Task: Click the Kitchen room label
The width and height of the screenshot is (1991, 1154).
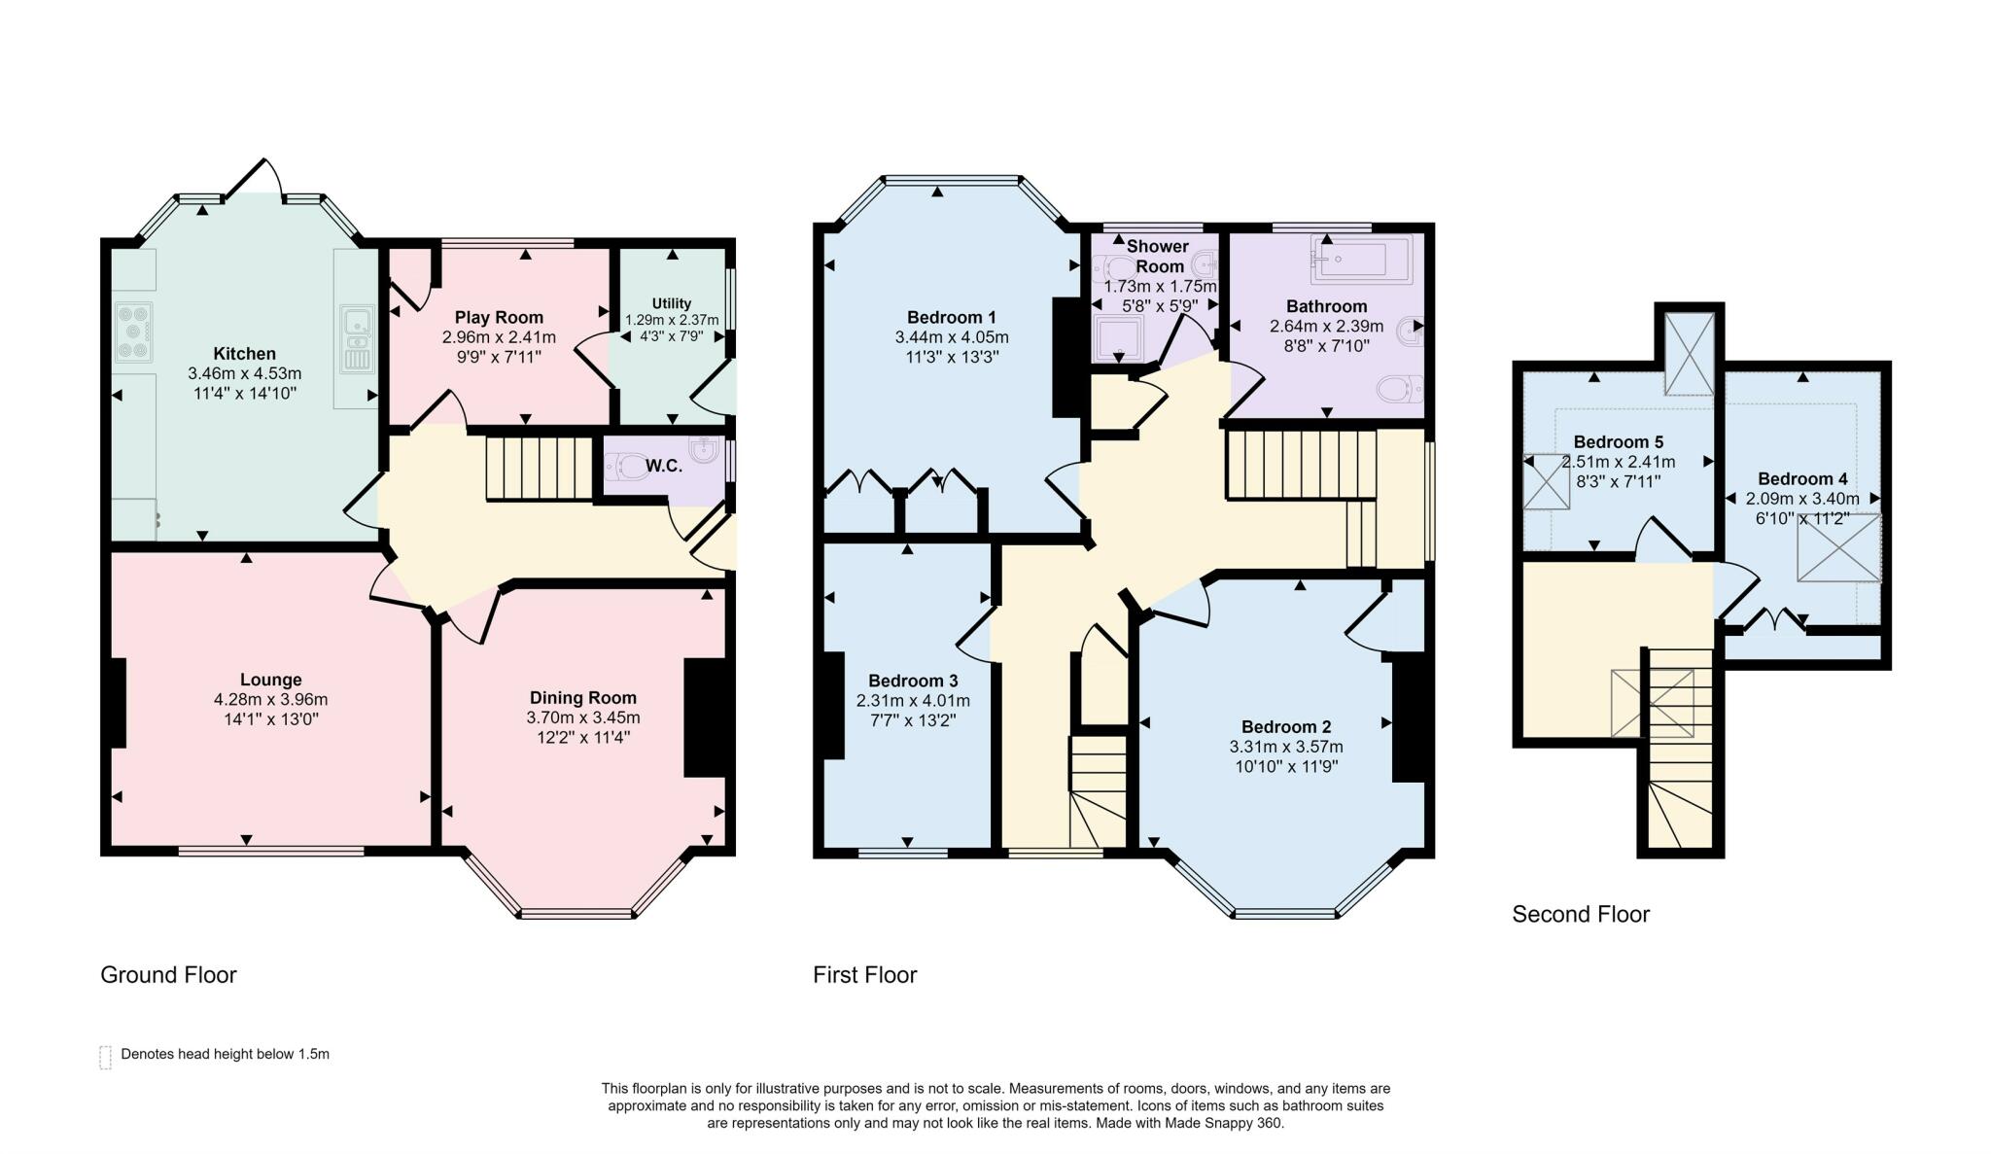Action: (245, 354)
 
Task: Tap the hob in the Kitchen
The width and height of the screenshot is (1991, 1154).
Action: (134, 332)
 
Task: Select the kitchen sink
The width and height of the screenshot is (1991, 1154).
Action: (357, 339)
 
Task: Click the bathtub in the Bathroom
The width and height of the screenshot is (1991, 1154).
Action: (1361, 258)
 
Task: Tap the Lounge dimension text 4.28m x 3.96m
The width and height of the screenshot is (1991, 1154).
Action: (271, 700)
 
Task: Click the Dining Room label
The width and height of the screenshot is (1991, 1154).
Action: (583, 698)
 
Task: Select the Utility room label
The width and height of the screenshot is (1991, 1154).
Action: (672, 303)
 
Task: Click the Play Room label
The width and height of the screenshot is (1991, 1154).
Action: (499, 318)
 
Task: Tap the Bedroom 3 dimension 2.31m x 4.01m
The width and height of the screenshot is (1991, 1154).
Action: (913, 701)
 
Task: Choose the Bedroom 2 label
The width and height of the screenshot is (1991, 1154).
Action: (1286, 727)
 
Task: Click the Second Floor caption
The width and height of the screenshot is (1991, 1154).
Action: (1581, 914)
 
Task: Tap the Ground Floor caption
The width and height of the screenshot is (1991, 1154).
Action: (168, 974)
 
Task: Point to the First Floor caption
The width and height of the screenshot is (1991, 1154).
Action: (865, 974)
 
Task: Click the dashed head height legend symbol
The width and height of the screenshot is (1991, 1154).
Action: (106, 1058)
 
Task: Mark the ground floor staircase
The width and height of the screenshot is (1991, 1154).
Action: (540, 469)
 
